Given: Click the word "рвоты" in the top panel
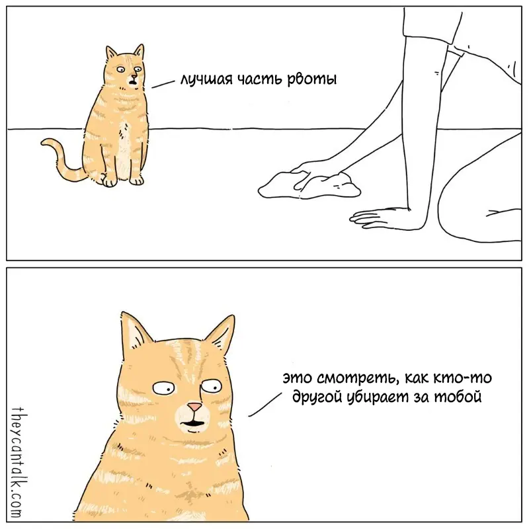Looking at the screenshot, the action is (311, 79).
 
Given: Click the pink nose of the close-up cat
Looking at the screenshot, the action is (194, 407).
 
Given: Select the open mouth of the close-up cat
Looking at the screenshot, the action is (193, 423).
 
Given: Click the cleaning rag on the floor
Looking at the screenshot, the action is (309, 185).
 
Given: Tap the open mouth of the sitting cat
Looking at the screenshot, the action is (133, 81).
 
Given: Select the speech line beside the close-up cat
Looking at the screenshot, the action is (265, 405).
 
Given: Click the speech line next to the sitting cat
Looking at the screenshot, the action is (163, 84).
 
